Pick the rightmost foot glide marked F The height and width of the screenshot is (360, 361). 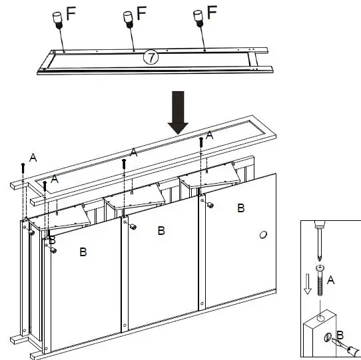198,17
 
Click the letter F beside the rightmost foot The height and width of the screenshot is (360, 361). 212,12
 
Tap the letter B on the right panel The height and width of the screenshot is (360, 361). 240,208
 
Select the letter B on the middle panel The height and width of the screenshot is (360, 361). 161,231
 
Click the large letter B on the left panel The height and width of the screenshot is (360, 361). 83,252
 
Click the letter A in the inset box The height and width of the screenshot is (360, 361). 332,281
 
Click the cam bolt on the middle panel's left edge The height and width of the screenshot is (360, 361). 133,228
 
